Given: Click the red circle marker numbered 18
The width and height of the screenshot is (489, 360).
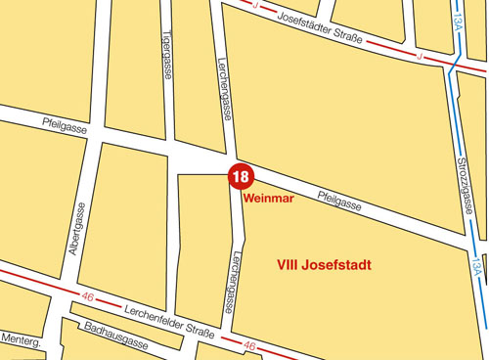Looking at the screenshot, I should (x=241, y=176).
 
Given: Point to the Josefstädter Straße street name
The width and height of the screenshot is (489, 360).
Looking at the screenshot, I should (x=321, y=29).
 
